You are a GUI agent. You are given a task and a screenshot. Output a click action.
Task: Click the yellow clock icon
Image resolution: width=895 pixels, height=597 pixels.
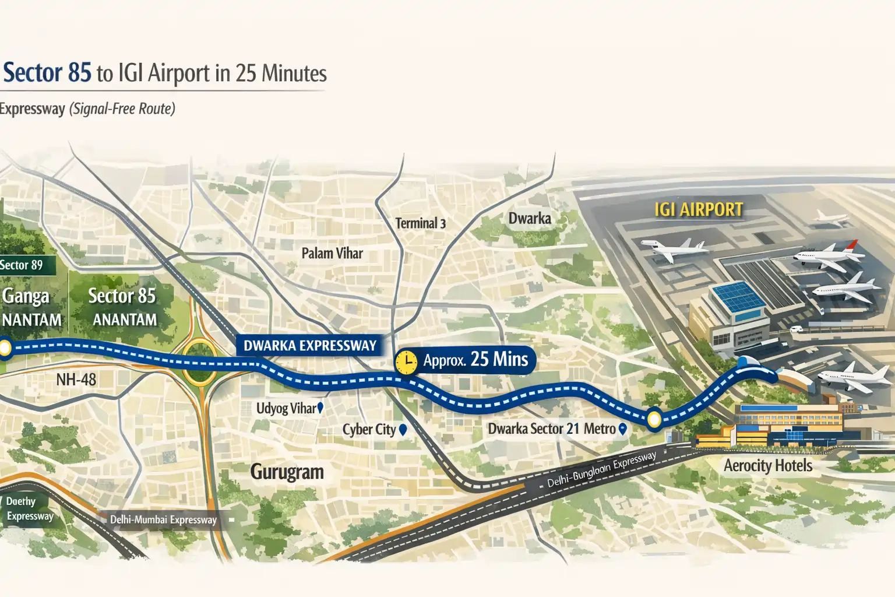click(x=406, y=362)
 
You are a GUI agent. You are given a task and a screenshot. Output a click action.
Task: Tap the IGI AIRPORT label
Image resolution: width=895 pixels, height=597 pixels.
click(x=699, y=210)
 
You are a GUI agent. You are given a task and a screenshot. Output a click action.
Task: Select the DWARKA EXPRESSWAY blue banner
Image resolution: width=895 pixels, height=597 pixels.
click(x=310, y=346)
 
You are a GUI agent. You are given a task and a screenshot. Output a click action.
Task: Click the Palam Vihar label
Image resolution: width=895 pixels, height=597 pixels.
click(x=332, y=254)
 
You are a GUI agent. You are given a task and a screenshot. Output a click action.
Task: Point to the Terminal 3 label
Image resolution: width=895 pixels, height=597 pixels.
click(x=420, y=223)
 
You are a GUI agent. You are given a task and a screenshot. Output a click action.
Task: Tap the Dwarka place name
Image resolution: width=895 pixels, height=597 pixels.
click(x=530, y=219)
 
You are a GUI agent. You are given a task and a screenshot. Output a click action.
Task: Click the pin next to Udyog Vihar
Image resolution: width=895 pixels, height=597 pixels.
click(x=320, y=408)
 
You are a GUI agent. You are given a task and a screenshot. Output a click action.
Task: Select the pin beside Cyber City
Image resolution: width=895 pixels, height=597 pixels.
click(x=402, y=430)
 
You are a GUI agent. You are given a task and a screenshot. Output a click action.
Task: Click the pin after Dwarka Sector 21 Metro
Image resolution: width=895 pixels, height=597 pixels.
click(x=622, y=429)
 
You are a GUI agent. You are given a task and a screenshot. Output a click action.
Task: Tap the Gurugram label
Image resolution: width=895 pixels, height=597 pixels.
click(x=287, y=472)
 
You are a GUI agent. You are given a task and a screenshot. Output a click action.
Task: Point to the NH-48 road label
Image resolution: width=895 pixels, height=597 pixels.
click(x=76, y=380)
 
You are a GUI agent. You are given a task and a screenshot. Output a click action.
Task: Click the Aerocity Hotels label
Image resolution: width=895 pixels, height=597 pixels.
click(x=767, y=466)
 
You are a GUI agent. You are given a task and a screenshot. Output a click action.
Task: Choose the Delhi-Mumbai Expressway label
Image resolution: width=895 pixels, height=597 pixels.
click(x=163, y=519)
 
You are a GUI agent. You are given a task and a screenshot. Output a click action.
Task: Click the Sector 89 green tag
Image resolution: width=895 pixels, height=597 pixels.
click(x=23, y=265)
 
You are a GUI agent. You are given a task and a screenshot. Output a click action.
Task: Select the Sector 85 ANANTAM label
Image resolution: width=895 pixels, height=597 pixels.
click(x=122, y=307)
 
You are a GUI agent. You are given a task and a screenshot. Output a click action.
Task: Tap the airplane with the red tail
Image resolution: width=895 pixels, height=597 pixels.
click(x=827, y=257)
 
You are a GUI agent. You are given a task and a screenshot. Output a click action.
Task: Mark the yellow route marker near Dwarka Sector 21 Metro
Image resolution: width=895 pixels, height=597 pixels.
click(x=654, y=419)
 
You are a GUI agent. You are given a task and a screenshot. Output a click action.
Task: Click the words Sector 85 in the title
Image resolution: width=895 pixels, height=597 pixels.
click(x=48, y=73)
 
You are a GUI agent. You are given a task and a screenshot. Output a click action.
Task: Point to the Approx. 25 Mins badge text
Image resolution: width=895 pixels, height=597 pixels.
click(x=475, y=360)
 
